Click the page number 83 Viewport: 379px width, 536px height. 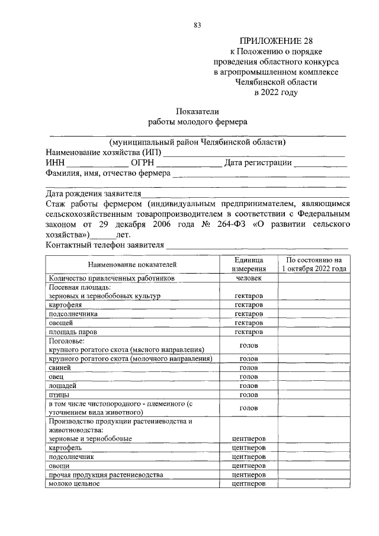coord(197,24)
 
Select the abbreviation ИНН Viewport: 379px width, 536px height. coord(55,163)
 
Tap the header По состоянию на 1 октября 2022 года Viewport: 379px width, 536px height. coord(314,264)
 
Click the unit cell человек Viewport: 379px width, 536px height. coord(248,277)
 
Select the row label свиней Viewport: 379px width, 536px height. coord(60,367)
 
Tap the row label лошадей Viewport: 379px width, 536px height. coord(63,385)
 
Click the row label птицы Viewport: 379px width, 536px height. coord(60,394)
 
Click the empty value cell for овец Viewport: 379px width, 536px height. coord(314,376)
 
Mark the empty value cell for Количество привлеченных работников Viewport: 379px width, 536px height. coord(314,277)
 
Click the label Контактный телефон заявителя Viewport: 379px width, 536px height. coord(104,245)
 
